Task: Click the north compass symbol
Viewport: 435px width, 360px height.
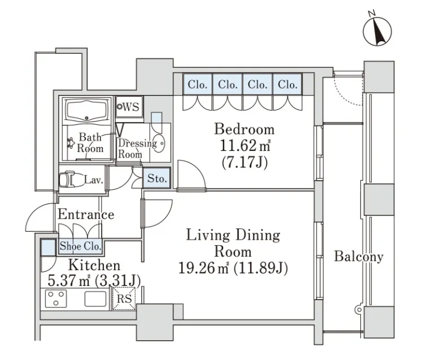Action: [377, 31]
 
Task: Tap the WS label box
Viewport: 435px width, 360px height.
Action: [129, 107]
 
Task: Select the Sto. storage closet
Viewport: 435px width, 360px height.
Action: [156, 178]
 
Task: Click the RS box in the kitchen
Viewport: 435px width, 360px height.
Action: [124, 298]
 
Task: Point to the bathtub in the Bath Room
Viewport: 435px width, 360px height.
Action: [86, 110]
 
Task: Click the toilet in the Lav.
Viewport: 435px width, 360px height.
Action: [67, 179]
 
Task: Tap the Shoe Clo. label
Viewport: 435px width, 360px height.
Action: [80, 246]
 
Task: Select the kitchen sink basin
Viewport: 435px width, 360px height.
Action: [95, 299]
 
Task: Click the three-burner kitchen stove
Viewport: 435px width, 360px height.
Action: [56, 298]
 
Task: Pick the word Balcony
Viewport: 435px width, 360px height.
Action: [359, 257]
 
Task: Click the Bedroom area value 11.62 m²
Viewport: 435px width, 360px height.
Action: [245, 145]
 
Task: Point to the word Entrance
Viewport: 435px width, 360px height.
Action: [86, 215]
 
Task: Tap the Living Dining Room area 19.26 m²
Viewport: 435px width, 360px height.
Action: [203, 268]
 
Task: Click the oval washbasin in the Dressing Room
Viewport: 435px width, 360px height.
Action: [159, 143]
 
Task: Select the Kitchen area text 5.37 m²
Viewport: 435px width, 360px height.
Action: [69, 280]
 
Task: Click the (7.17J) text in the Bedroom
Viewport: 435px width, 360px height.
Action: [245, 162]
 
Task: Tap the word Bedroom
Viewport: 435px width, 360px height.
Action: [245, 129]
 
